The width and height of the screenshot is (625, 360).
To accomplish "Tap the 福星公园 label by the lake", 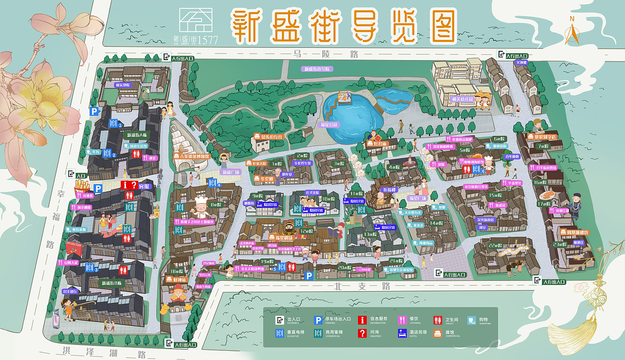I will tap(329, 125).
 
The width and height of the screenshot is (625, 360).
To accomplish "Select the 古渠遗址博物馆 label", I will tap(191, 156).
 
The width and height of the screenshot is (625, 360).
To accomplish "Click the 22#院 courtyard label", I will tap(495, 246).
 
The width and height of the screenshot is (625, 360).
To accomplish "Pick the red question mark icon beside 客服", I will tap(134, 185).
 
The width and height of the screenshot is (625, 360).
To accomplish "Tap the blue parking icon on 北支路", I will tap(309, 276).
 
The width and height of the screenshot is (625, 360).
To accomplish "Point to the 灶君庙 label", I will tap(376, 144).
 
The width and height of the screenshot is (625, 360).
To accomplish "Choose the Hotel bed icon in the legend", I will tap(402, 333).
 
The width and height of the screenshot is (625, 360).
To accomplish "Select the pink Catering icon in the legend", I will tap(402, 320).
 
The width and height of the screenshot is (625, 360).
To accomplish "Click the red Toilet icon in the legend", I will tap(437, 320).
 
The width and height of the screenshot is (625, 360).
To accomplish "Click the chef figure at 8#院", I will tap(201, 207).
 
